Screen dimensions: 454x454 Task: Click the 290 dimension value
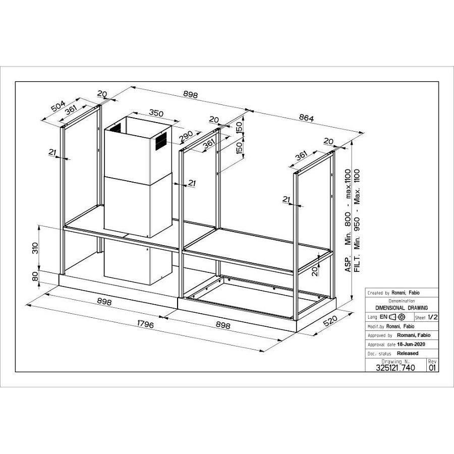pos(185,136)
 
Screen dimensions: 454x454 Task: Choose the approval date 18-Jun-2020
pos(412,344)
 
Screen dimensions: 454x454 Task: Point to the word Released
pos(408,353)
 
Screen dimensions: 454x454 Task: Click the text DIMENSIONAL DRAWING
pos(402,308)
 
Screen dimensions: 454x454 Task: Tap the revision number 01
pos(432,368)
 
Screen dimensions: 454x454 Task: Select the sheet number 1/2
pos(432,317)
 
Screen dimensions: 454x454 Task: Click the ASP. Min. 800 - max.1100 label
pos(348,221)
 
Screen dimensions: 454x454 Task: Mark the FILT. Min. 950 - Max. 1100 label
pos(357,220)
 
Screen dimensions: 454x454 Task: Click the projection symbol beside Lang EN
pos(397,317)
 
